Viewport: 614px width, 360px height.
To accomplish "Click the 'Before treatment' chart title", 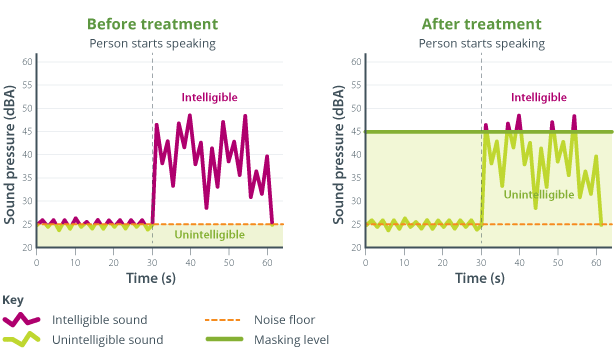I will pos(152,23).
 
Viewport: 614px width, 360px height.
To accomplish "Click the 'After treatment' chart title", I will pos(481,23).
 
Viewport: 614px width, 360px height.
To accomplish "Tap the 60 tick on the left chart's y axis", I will pos(28,62).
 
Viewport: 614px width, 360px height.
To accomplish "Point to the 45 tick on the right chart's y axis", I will pos(357,132).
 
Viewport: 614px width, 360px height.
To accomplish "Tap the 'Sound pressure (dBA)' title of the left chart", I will pos(10,154).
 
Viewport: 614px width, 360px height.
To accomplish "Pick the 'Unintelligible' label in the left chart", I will pos(209,234).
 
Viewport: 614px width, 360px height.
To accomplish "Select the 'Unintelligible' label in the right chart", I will pos(538,194).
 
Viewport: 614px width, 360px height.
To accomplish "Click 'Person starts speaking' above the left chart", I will pos(152,43).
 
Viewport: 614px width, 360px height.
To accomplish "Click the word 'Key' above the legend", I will pos(13,300).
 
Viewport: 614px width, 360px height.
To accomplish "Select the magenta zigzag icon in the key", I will pos(21,320).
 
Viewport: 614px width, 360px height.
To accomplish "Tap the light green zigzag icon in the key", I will pos(21,340).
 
